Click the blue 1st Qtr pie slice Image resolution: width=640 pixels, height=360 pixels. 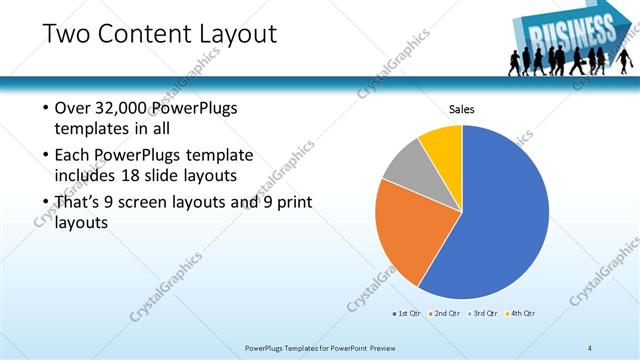click(505, 215)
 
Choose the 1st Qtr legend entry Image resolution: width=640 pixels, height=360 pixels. click(409, 313)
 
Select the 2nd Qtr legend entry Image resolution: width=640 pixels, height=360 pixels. click(445, 313)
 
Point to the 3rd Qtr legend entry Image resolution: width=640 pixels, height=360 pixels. click(483, 313)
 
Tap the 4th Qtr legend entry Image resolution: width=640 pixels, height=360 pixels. click(521, 313)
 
